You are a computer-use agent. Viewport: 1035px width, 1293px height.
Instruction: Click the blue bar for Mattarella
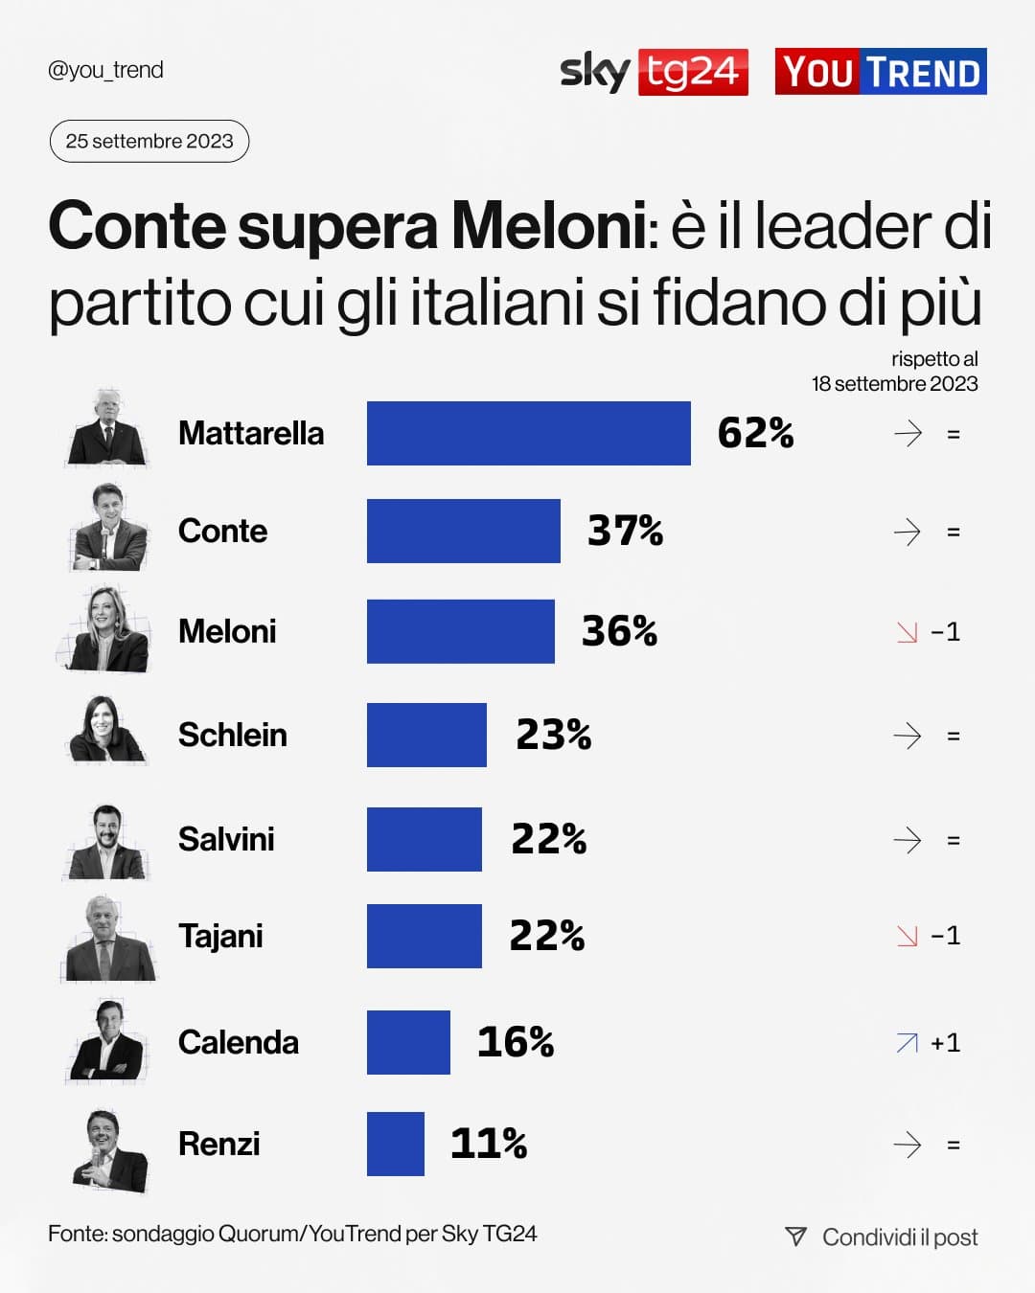(x=528, y=433)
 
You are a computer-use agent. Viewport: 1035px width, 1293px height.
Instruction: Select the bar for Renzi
(x=395, y=1144)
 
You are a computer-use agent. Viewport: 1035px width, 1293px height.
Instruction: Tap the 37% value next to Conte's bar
(x=625, y=531)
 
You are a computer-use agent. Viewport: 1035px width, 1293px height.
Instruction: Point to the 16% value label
(x=516, y=1042)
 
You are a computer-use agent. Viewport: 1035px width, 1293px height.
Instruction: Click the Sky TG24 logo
(x=654, y=72)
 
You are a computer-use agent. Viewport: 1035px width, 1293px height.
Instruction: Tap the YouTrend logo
(x=881, y=72)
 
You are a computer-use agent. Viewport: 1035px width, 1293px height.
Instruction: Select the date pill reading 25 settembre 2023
(x=149, y=141)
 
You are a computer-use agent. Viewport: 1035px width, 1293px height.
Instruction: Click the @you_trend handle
(x=105, y=70)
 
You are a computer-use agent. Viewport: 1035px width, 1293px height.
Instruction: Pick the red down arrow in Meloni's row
(x=907, y=632)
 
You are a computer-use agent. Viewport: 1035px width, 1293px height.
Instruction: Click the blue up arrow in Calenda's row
(x=907, y=1043)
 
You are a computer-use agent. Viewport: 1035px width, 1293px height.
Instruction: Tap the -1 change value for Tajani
(x=945, y=935)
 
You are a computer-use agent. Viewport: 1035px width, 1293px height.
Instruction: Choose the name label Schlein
(x=233, y=735)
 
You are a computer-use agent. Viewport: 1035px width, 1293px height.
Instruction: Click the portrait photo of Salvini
(x=106, y=842)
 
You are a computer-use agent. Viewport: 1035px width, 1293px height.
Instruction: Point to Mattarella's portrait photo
(x=107, y=429)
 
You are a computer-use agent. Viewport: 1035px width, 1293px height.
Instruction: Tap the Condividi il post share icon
(x=795, y=1236)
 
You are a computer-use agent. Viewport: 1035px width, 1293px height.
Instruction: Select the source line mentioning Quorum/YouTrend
(x=292, y=1234)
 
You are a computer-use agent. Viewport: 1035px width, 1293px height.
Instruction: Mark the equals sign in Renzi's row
(x=953, y=1145)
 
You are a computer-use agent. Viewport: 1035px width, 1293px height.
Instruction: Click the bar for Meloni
(x=460, y=631)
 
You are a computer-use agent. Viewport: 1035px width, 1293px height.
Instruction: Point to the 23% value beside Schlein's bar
(x=553, y=735)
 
